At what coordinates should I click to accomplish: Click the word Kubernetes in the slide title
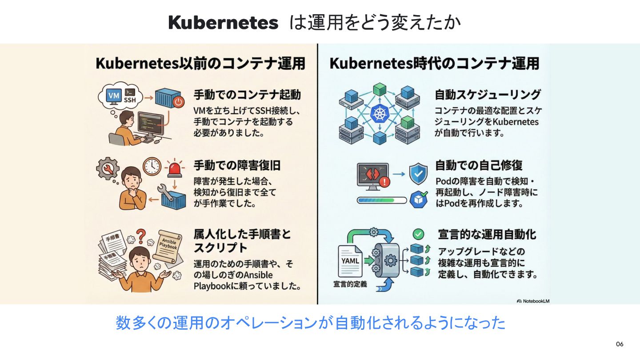click(223, 23)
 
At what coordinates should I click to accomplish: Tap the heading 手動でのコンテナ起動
click(247, 95)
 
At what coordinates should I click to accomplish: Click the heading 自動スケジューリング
click(488, 94)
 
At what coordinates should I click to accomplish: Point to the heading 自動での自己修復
click(479, 165)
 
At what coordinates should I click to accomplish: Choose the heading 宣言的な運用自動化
click(487, 234)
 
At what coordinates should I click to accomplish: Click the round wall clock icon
click(152, 166)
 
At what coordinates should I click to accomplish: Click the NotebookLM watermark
click(533, 301)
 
